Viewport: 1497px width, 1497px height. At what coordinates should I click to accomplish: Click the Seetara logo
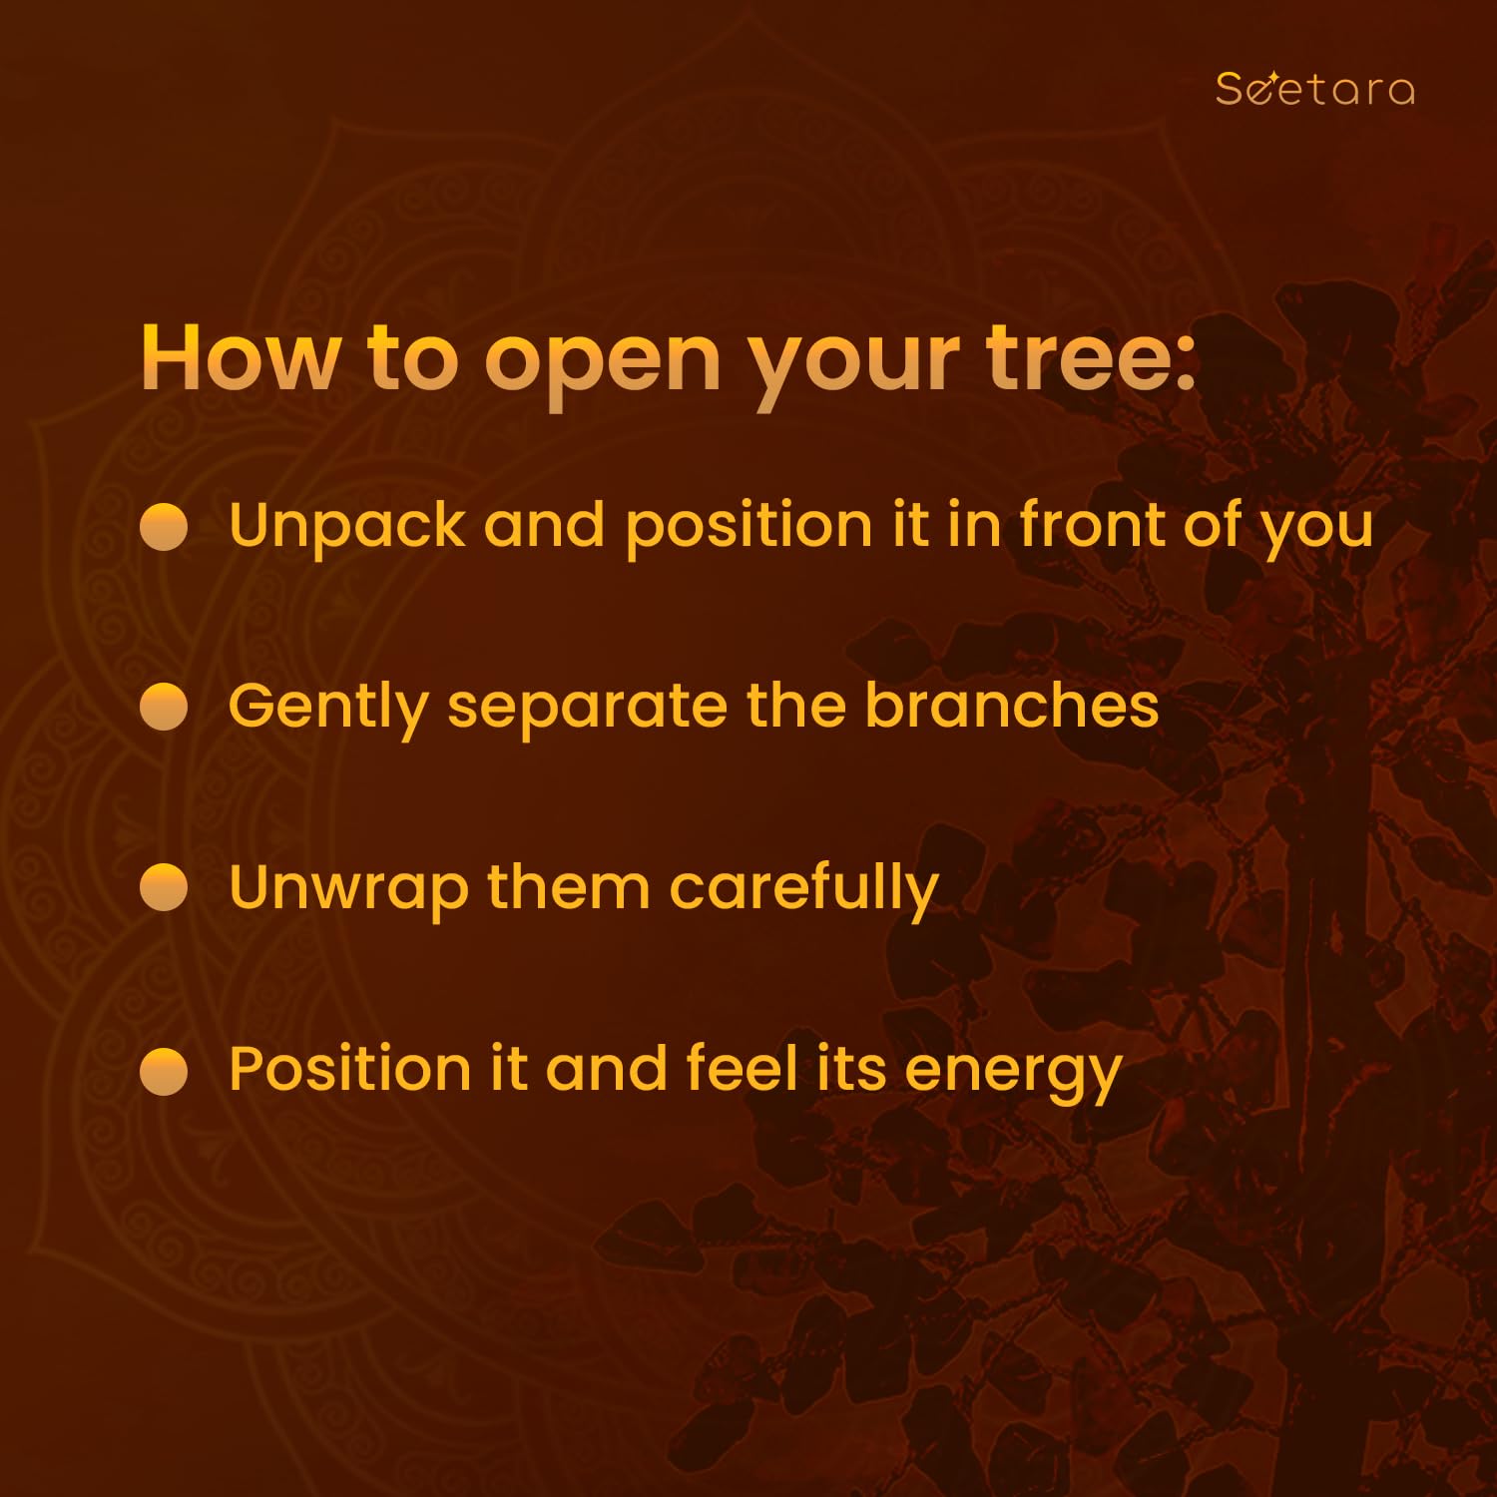click(x=1314, y=89)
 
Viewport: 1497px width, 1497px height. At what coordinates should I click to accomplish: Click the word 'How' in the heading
click(x=241, y=356)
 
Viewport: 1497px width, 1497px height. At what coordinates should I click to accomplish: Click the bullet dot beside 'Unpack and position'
click(x=164, y=527)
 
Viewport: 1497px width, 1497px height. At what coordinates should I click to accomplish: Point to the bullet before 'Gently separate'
click(x=164, y=707)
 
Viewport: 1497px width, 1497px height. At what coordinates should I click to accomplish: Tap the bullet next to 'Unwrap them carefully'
click(x=164, y=888)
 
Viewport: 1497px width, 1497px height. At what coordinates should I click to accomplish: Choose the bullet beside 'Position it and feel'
click(x=164, y=1071)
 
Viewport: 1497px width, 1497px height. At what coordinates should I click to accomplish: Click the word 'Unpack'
click(x=347, y=528)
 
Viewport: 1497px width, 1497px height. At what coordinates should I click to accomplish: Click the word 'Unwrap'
click(x=348, y=890)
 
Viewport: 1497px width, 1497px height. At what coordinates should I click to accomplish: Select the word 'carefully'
click(x=804, y=889)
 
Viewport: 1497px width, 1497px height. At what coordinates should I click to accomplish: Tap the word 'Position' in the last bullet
click(x=349, y=1068)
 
